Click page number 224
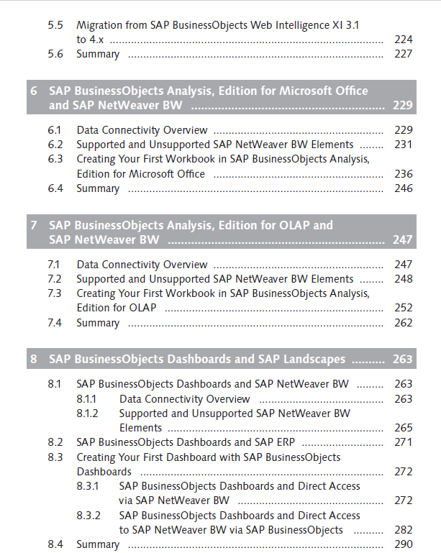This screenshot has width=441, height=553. click(x=404, y=40)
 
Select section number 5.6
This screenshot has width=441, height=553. click(x=55, y=54)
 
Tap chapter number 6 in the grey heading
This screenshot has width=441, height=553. click(x=34, y=91)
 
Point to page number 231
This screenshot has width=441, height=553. click(x=404, y=145)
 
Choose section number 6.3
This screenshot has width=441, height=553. click(x=55, y=159)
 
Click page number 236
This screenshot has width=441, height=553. click(x=404, y=174)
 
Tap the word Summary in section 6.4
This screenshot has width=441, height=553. click(x=98, y=188)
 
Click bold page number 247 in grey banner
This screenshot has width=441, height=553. click(x=403, y=239)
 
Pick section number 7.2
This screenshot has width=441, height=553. click(x=55, y=279)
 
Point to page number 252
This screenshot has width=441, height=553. click(x=404, y=308)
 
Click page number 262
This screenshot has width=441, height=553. click(x=404, y=323)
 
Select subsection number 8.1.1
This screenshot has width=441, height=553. click(x=86, y=399)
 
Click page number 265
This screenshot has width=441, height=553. click(x=404, y=428)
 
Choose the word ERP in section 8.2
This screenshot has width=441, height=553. click(x=286, y=442)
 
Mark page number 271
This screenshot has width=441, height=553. click(x=404, y=442)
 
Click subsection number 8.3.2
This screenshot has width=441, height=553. click(x=88, y=516)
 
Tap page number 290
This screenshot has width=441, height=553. click(x=404, y=544)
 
